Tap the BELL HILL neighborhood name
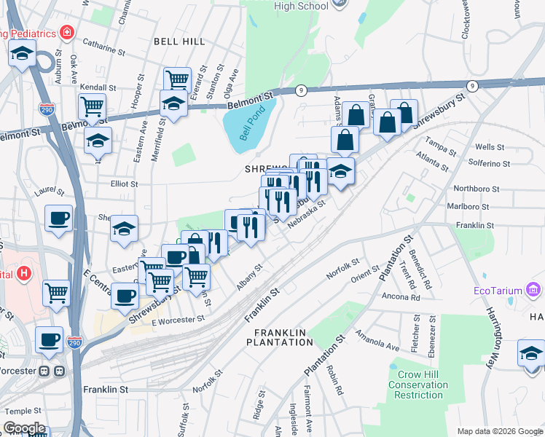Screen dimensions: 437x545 [x=179, y=42]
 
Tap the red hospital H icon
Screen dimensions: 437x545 [x=24, y=274]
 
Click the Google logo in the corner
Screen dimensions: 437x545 [x=24, y=428]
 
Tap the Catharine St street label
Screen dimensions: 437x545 [x=99, y=49]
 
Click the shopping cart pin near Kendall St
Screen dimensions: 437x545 [x=92, y=106]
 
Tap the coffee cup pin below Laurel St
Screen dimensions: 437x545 [x=58, y=218]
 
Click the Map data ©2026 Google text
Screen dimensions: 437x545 [x=500, y=431]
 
